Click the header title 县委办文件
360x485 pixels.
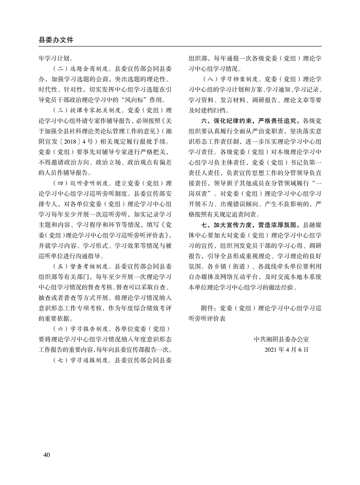tap(56, 40)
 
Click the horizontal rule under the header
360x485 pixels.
tap(180, 47)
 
